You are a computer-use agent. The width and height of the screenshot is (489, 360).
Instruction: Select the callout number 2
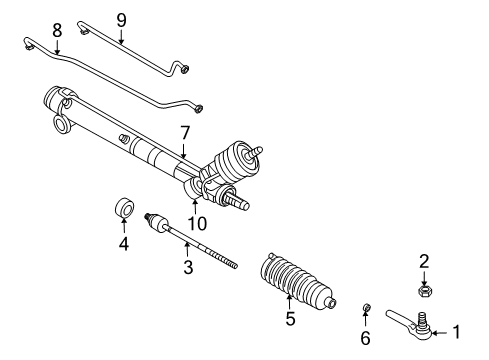[x=423, y=261]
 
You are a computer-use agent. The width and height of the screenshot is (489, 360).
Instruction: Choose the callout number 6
[x=365, y=338]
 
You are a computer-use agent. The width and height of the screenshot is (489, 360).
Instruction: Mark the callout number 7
[x=183, y=131]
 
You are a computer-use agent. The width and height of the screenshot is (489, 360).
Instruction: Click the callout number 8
[x=57, y=30]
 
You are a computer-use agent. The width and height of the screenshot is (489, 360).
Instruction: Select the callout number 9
[x=121, y=18]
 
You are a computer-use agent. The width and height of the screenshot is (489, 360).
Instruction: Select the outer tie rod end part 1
[x=418, y=322]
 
